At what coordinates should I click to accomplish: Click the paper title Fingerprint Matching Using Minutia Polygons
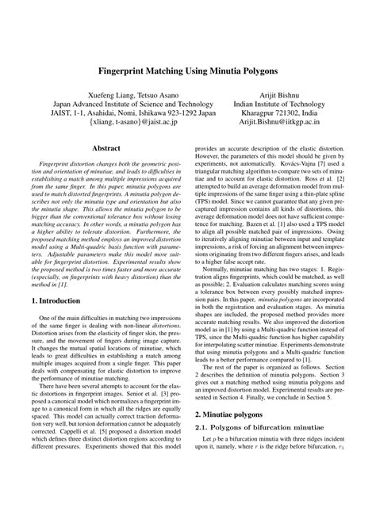[x=188, y=71]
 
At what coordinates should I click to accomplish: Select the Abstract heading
[x=106, y=148]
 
